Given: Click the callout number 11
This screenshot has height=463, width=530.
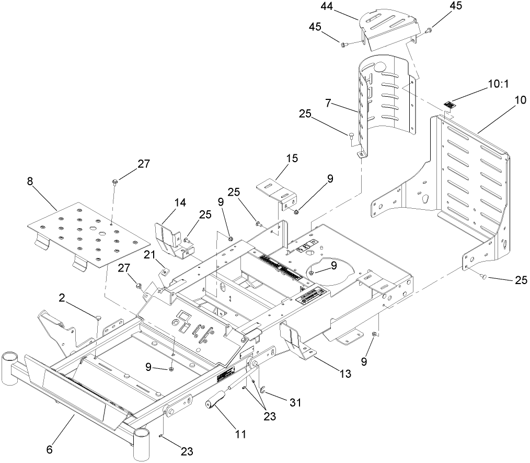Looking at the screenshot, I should tap(240, 434).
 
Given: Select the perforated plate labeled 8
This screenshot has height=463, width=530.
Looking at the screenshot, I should tap(86, 231).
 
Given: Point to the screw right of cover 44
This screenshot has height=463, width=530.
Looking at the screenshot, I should tap(428, 31).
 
